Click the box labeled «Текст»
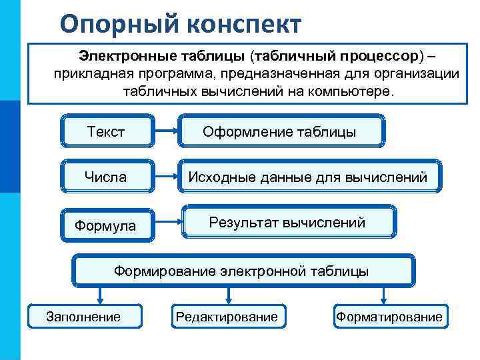[x=107, y=131]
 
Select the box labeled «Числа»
[x=106, y=177]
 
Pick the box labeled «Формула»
[x=106, y=226]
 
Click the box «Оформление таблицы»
[x=280, y=131]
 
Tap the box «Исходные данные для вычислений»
[x=307, y=177]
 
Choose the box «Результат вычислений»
[x=289, y=222]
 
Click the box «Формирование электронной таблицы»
[x=242, y=271]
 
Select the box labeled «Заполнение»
[x=84, y=316]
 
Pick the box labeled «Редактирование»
[x=227, y=316]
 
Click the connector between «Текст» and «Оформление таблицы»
[x=166, y=131]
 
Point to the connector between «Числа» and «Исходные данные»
[x=166, y=177]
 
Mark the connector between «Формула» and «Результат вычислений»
[x=167, y=222]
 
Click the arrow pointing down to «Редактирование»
[x=229, y=296]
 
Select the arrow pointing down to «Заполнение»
[x=100, y=296]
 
